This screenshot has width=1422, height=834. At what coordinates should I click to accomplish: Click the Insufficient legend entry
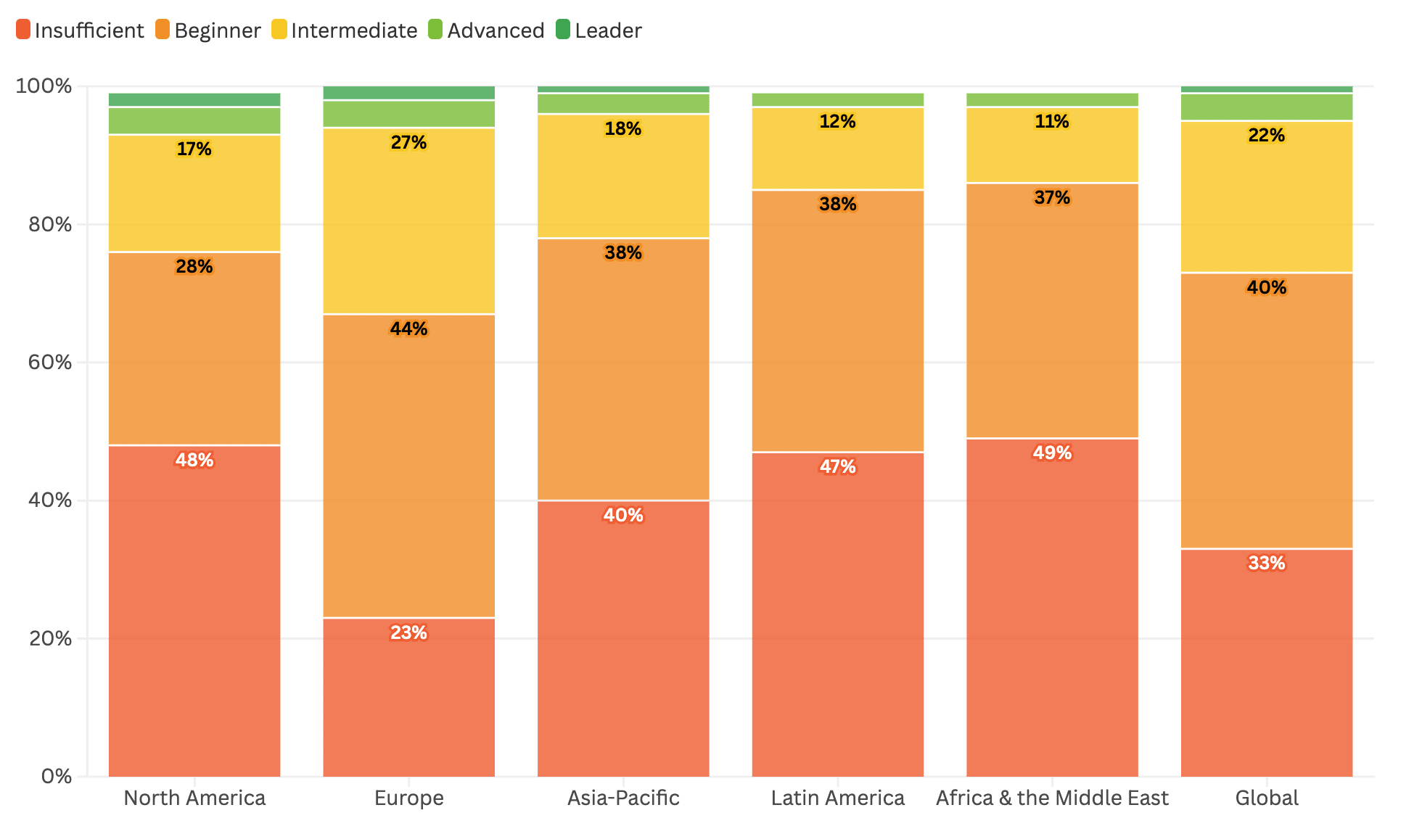coord(80,30)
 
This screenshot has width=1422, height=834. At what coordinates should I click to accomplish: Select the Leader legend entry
coord(599,30)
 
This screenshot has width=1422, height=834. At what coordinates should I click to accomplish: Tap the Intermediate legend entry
coord(345,30)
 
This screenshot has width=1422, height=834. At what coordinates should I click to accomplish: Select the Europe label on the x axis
coord(408,798)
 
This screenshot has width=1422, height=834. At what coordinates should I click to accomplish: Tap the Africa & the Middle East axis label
coord(1052,798)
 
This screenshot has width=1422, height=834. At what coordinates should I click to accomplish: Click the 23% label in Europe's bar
coord(408,632)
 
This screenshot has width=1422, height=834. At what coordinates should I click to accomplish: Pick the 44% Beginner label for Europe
coord(408,329)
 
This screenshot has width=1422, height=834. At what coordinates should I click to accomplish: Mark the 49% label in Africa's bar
coord(1052,453)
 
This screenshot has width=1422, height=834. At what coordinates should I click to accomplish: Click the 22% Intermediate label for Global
coord(1266,135)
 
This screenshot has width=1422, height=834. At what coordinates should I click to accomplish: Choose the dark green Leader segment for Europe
coord(408,93)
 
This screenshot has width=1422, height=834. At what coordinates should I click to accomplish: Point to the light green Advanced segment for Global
coord(1266,107)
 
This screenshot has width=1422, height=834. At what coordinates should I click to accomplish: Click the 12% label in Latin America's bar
coord(837,121)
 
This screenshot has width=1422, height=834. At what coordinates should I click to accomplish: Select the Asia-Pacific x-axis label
coord(623,798)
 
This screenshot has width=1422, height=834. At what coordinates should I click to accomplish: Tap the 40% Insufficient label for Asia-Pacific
coord(623,515)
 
